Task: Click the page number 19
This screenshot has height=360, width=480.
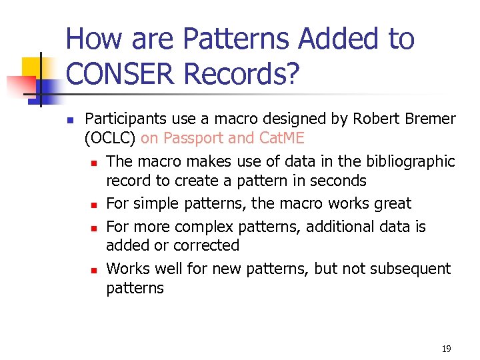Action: (x=446, y=349)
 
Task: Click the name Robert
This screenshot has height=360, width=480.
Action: (x=373, y=119)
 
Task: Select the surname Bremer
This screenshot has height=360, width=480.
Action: (x=430, y=119)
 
